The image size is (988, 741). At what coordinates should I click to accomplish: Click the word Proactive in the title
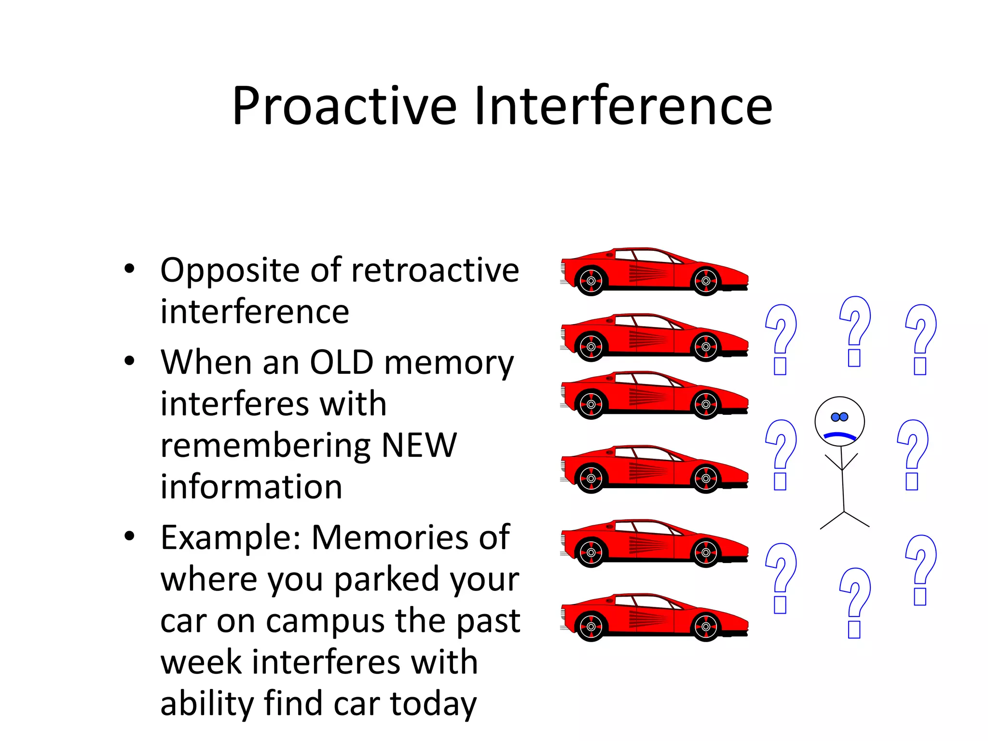coord(344,106)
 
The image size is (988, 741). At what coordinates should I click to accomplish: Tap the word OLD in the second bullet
coord(342,362)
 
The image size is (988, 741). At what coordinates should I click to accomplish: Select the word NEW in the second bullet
coord(419,445)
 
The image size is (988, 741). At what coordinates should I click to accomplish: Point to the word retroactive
coord(435,270)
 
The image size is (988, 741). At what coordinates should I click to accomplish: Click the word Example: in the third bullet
coord(232,537)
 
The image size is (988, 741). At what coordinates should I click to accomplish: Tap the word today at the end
coord(433,704)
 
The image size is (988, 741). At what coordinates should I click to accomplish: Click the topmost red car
coord(654,271)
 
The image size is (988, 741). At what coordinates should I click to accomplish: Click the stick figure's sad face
coord(839,421)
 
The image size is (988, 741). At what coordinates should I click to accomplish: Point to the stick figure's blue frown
coord(839,436)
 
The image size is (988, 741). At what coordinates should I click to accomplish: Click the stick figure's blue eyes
coord(839,417)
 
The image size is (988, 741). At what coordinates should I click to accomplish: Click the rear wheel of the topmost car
coord(591,281)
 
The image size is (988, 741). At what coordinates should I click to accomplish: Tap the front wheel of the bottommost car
coord(706,627)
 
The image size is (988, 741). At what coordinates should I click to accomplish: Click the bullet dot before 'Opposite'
coord(129,269)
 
